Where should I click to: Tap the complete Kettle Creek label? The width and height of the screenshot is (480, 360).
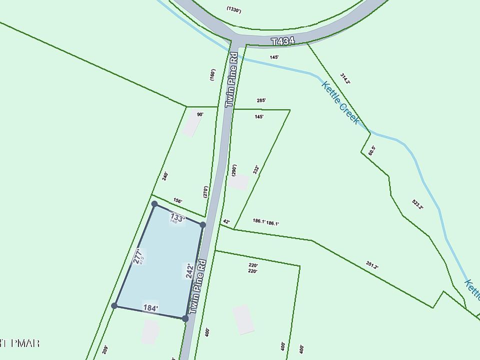(x=340, y=102)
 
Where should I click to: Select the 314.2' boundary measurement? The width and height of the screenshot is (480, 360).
(x=345, y=79)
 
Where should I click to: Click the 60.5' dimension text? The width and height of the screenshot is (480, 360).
(x=371, y=150)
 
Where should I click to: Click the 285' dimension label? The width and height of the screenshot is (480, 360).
(x=261, y=100)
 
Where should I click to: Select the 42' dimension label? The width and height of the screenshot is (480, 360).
(x=226, y=221)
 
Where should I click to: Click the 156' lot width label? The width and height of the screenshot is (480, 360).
(x=177, y=201)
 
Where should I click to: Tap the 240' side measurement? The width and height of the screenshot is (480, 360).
(x=164, y=176)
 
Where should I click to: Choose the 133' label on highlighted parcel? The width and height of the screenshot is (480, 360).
(x=178, y=217)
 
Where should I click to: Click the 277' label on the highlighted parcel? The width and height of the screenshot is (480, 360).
(x=138, y=256)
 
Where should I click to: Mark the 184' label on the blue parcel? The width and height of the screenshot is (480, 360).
(x=150, y=308)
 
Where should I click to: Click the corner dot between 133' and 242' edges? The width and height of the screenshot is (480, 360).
(x=203, y=225)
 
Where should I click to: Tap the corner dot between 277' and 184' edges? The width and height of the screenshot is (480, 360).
(x=114, y=305)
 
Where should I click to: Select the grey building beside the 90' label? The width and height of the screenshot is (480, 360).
(x=190, y=124)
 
